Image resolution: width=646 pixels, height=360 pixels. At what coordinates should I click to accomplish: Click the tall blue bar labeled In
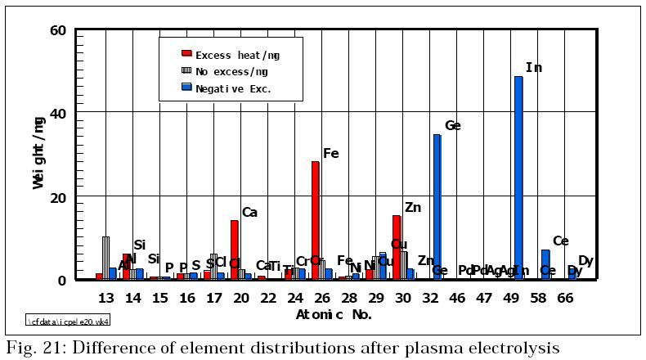518,178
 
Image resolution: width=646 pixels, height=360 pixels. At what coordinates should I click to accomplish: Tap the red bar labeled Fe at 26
316,220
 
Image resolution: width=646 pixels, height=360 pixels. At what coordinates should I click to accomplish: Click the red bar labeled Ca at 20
235,250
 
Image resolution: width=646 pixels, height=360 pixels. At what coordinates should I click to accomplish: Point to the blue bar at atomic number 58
545,264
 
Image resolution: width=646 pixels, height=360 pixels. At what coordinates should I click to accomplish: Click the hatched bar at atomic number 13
105,258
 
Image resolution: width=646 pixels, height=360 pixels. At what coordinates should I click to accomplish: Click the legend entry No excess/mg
231,71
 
